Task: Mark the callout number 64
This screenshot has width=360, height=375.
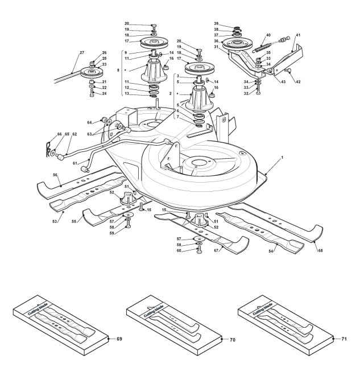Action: [89, 122]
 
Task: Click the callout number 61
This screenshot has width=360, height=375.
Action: [75, 162]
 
